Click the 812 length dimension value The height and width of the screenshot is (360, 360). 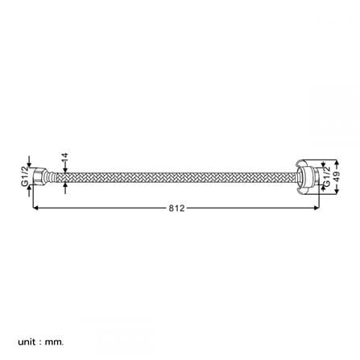(176, 208)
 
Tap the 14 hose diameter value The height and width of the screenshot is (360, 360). (64, 156)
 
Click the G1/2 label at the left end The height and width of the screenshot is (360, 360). (25, 176)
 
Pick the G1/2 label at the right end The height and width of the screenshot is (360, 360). (326, 176)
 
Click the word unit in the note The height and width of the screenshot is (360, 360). (27, 342)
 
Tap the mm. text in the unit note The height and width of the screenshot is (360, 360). (55, 342)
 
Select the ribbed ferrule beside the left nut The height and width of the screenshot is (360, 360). (52, 177)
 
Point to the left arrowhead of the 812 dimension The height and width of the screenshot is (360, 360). (35, 208)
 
